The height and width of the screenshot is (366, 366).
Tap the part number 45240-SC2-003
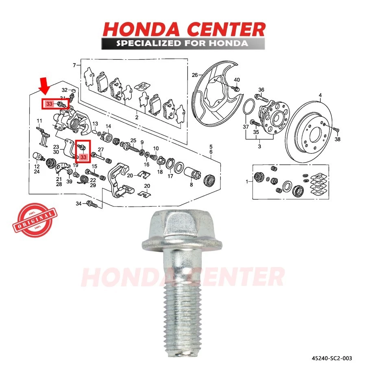coord(331,358)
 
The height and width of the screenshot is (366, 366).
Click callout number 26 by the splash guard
coord(194,75)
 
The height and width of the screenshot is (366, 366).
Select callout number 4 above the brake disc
coord(320,96)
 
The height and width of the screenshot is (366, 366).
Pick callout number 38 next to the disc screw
coord(337,139)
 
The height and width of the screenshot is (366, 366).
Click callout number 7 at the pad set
coord(74,65)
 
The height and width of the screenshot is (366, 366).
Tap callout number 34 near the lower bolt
coord(78,203)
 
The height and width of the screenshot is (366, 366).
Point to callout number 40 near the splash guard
coord(237,79)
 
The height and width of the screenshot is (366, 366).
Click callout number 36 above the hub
coord(261,89)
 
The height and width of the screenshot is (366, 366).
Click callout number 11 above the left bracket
coord(39,121)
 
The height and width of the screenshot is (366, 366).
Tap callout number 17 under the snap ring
coord(170,176)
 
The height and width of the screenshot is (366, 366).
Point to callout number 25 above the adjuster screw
coord(133,140)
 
